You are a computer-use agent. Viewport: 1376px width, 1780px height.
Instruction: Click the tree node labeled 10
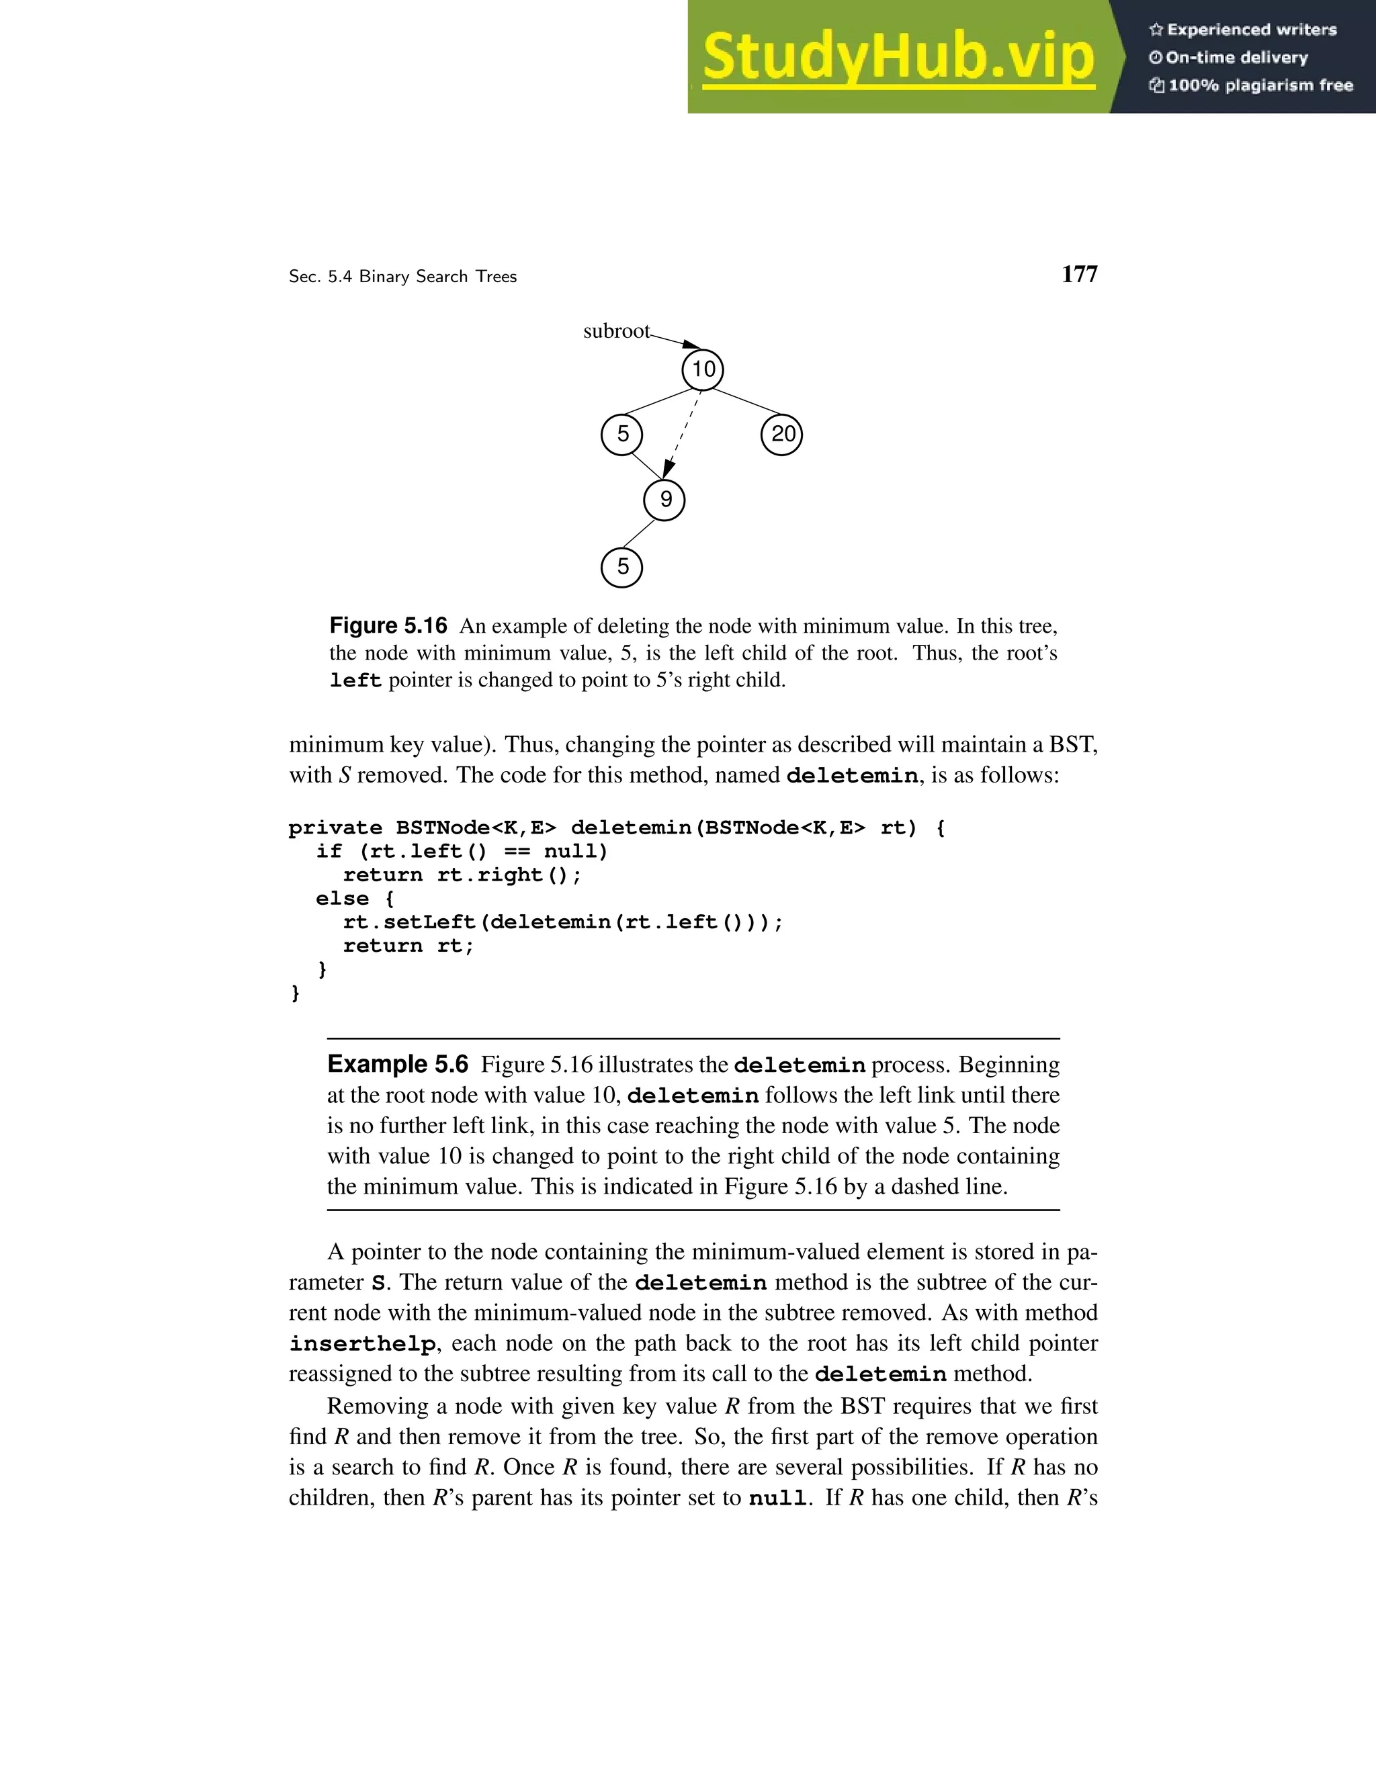click(703, 369)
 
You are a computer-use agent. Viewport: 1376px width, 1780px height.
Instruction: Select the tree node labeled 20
click(782, 435)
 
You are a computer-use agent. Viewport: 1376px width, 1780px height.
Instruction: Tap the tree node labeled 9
click(664, 500)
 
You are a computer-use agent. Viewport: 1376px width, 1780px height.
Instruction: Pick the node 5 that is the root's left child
click(622, 435)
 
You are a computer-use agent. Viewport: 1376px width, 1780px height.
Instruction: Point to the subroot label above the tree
click(616, 331)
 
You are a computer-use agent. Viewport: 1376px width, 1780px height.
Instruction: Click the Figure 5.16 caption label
click(388, 626)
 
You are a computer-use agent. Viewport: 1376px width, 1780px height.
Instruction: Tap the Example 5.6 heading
click(398, 1065)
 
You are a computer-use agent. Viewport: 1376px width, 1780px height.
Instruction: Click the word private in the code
click(335, 828)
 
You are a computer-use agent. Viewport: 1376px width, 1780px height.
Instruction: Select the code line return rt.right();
click(462, 875)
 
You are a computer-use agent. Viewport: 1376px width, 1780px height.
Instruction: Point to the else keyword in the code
click(343, 899)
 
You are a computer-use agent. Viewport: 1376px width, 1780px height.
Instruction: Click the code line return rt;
click(408, 946)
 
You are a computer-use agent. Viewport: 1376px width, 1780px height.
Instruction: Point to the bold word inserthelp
click(362, 1344)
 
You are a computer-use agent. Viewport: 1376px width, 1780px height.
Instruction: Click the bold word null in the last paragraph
click(779, 1499)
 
